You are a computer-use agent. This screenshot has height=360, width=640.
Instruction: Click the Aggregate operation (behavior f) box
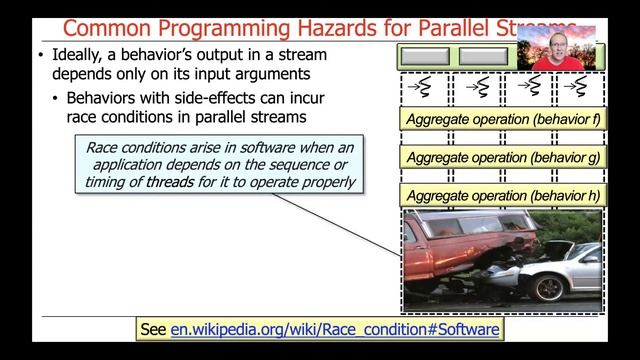(x=501, y=120)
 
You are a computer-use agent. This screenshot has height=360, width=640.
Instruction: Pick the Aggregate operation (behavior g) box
(x=501, y=158)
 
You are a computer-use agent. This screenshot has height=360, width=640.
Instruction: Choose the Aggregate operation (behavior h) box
(x=501, y=196)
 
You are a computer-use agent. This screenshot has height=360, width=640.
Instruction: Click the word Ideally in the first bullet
(x=81, y=54)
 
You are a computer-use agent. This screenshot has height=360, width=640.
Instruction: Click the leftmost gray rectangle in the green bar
(x=427, y=56)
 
